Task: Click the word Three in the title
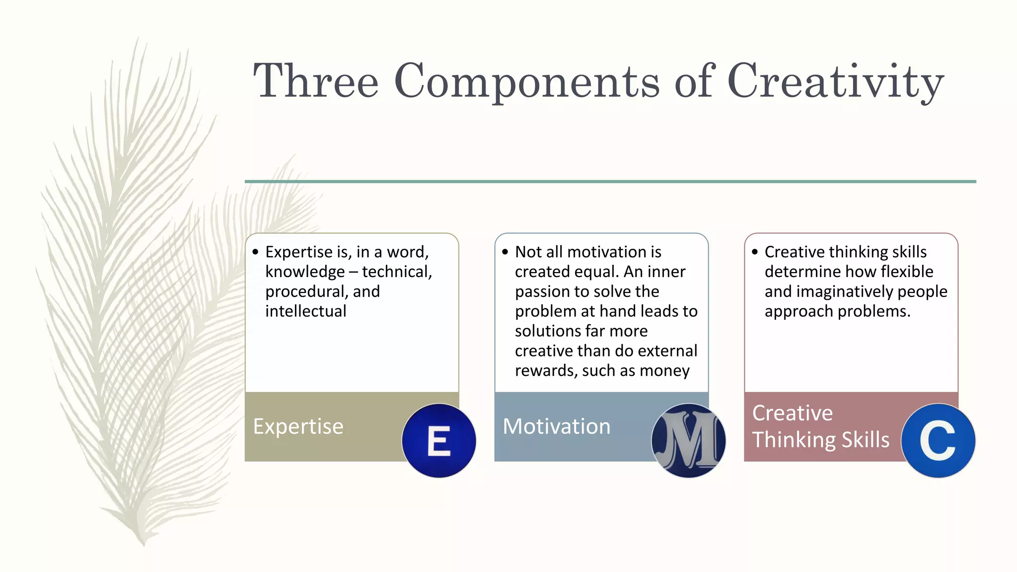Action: [316, 81]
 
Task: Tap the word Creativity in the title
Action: [835, 81]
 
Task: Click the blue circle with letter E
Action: [439, 440]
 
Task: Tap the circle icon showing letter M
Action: [688, 440]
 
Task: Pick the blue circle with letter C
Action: [938, 440]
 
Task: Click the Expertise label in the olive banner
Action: [298, 427]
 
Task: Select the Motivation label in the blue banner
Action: [556, 427]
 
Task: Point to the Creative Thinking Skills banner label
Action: [820, 427]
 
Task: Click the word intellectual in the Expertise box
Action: [306, 311]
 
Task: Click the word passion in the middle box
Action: [545, 292]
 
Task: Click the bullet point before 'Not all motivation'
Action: [505, 252]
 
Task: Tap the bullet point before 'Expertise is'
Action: [255, 252]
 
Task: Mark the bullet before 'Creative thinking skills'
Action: [755, 252]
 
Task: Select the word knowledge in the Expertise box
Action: [305, 272]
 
